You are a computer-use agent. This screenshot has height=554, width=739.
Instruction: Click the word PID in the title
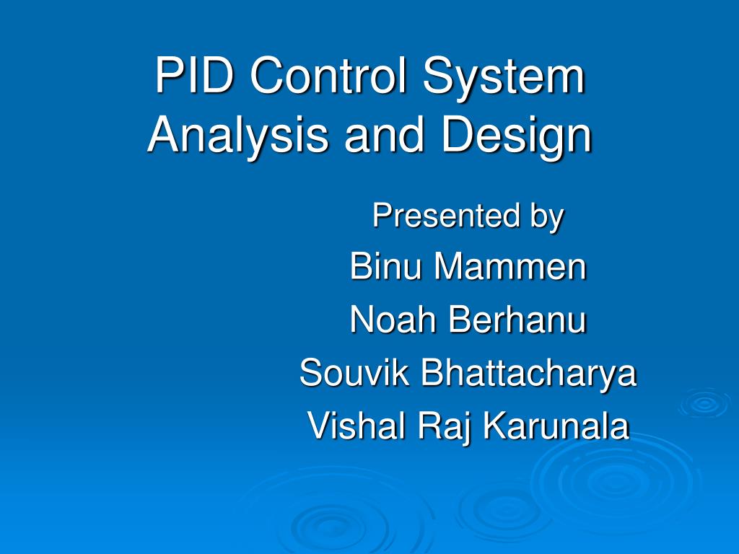[x=193, y=76]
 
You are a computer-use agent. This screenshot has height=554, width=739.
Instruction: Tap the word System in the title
[x=504, y=76]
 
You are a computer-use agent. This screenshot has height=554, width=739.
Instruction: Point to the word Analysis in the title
[x=237, y=135]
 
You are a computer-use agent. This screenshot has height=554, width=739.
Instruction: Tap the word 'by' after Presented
[x=546, y=216]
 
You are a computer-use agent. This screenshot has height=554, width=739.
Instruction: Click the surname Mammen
[x=510, y=267]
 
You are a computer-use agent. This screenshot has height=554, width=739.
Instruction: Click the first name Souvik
[x=354, y=373]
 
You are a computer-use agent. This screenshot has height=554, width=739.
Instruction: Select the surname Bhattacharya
[x=529, y=373]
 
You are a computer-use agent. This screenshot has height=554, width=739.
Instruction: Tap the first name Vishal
[x=357, y=426]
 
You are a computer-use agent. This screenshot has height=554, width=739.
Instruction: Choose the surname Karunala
[x=556, y=426]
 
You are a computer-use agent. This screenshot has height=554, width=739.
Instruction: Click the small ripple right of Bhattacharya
[x=704, y=403]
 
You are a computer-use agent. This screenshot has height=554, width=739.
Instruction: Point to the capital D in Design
[x=455, y=135]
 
